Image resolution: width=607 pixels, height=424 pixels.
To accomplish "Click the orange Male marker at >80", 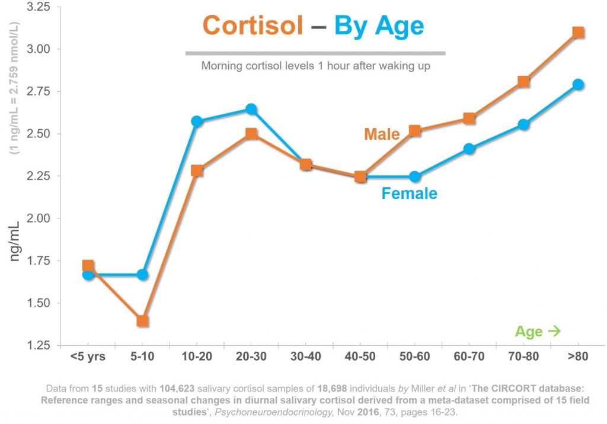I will coord(578,32).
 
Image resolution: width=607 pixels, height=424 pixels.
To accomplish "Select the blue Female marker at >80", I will coord(578,84).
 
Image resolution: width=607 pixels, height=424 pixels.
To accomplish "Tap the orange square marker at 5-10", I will coord(142,321).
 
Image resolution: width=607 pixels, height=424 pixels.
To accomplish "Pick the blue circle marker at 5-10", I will coord(142,274).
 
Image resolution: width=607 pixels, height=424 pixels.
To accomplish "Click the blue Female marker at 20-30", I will coord(251,109).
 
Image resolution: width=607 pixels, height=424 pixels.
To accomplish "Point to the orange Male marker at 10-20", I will coord(197,171).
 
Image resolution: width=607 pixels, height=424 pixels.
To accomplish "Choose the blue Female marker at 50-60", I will coord(415,176).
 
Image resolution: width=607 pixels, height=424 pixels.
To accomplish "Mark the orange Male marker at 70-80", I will coord(523,81).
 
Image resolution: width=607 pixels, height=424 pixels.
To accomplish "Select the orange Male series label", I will coord(382,134).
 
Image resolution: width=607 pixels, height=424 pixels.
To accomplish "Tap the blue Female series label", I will coord(409,193).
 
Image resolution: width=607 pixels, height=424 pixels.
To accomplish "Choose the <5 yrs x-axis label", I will coord(88,358).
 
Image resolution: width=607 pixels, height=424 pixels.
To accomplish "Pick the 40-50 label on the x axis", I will coord(360,358).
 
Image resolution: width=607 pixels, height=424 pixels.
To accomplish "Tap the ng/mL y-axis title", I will coord(17,240).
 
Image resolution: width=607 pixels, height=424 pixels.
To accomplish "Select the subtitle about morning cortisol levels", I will coord(315,66).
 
